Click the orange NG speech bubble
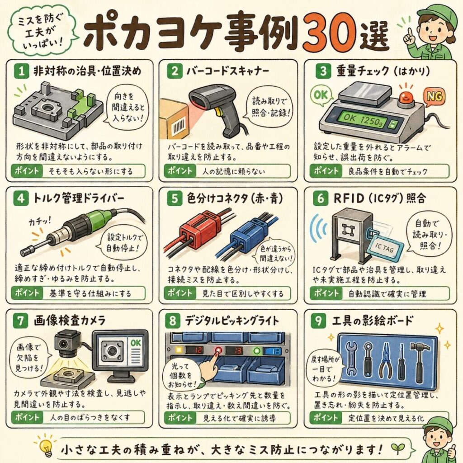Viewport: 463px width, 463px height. tap(435, 96)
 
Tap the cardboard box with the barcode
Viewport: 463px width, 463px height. tap(174, 122)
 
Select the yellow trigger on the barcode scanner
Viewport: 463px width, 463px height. tap(217, 112)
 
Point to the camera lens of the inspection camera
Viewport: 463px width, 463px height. tap(63, 344)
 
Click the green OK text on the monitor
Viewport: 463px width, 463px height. tap(136, 343)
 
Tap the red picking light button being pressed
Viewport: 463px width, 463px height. tap(218, 350)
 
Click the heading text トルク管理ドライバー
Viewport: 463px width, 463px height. tap(78, 198)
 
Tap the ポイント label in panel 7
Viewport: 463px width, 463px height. tap(27, 417)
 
